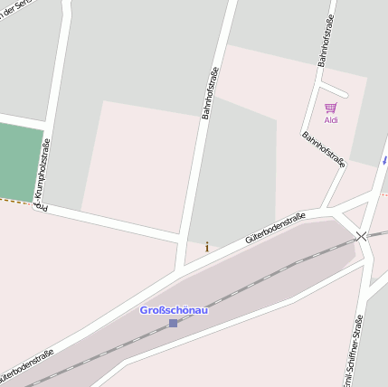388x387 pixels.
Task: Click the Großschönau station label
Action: point(174,310)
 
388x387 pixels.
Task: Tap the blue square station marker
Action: point(173,323)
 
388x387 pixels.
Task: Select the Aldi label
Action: point(331,120)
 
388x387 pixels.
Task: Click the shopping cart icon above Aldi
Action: point(331,109)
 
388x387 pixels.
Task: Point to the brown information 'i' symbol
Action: point(207,246)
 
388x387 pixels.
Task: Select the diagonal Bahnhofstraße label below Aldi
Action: point(324,150)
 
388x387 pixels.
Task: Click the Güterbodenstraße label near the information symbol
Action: point(275,229)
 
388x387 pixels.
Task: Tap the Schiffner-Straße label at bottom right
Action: point(355,353)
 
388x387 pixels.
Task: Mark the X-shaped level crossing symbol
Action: point(362,236)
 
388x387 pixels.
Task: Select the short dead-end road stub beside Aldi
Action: point(335,90)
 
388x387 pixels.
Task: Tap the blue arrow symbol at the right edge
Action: point(384,160)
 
